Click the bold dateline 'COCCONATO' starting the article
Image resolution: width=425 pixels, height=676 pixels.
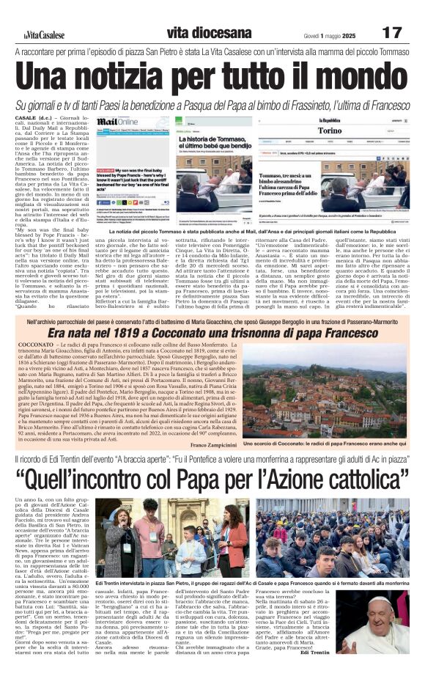pos(34,345)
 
